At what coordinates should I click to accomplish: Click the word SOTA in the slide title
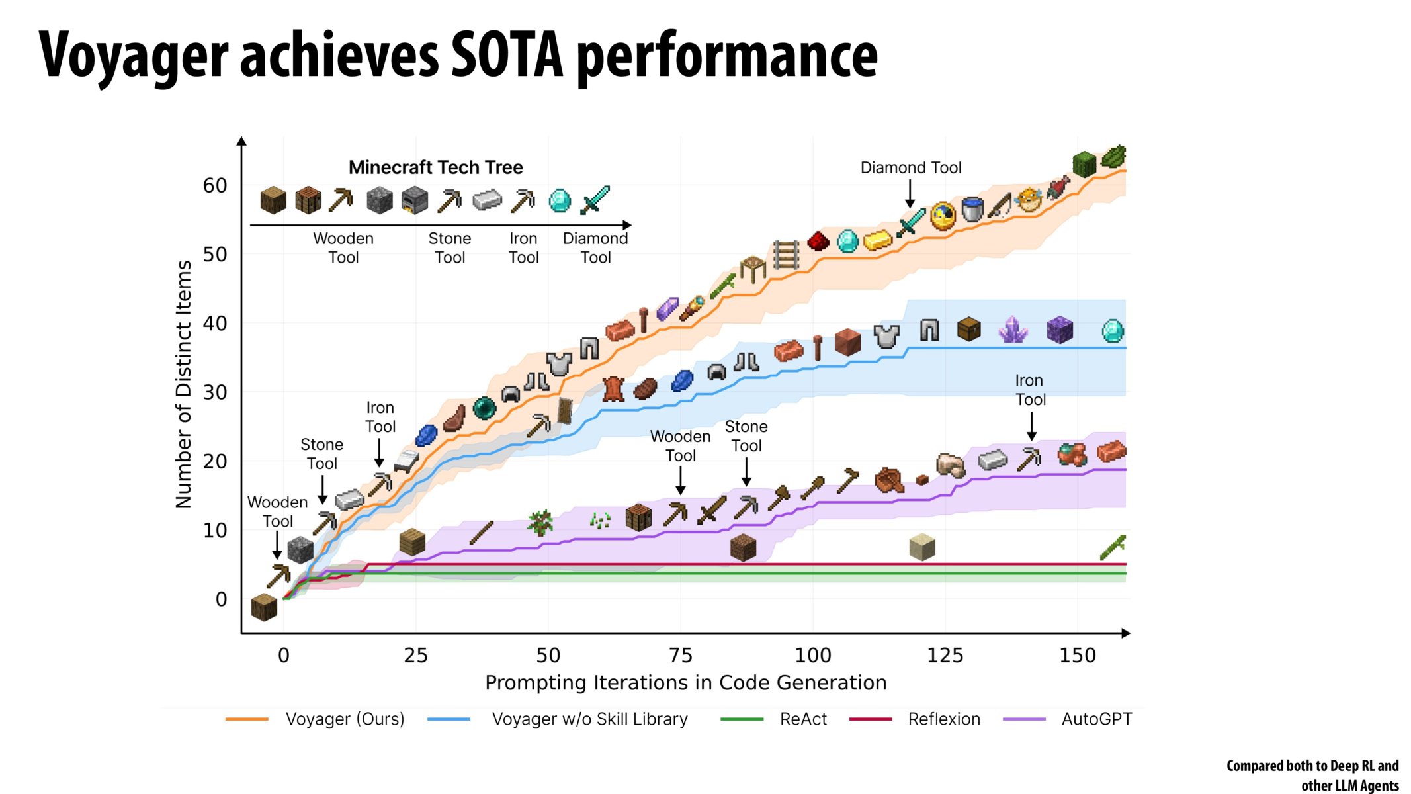pos(506,56)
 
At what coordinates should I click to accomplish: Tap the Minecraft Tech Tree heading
pos(435,167)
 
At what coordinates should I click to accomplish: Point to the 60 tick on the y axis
pos(215,186)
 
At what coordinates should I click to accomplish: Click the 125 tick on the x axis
pos(945,656)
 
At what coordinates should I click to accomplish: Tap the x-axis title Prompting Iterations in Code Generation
pos(685,683)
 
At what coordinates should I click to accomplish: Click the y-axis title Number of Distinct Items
pos(183,384)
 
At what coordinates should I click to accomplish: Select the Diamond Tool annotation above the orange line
pos(910,168)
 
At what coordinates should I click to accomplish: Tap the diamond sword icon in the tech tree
pos(594,200)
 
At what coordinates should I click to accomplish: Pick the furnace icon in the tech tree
pos(414,200)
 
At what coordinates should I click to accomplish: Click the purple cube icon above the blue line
pos(1059,330)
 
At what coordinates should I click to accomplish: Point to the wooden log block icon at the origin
pos(264,607)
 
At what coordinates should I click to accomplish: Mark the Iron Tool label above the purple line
pos(1030,390)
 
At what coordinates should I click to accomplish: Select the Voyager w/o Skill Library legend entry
pos(589,719)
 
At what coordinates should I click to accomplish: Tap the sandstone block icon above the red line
pos(921,547)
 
